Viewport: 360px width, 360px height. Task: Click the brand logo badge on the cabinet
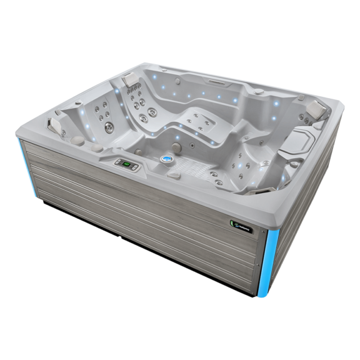click(237, 219)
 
